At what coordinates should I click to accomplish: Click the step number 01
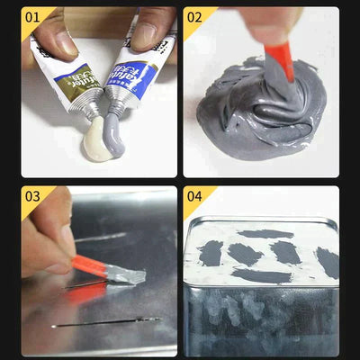(31, 16)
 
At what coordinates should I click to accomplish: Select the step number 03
(32, 195)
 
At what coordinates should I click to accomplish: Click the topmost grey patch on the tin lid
(265, 234)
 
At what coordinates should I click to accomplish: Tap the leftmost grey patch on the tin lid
(210, 253)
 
